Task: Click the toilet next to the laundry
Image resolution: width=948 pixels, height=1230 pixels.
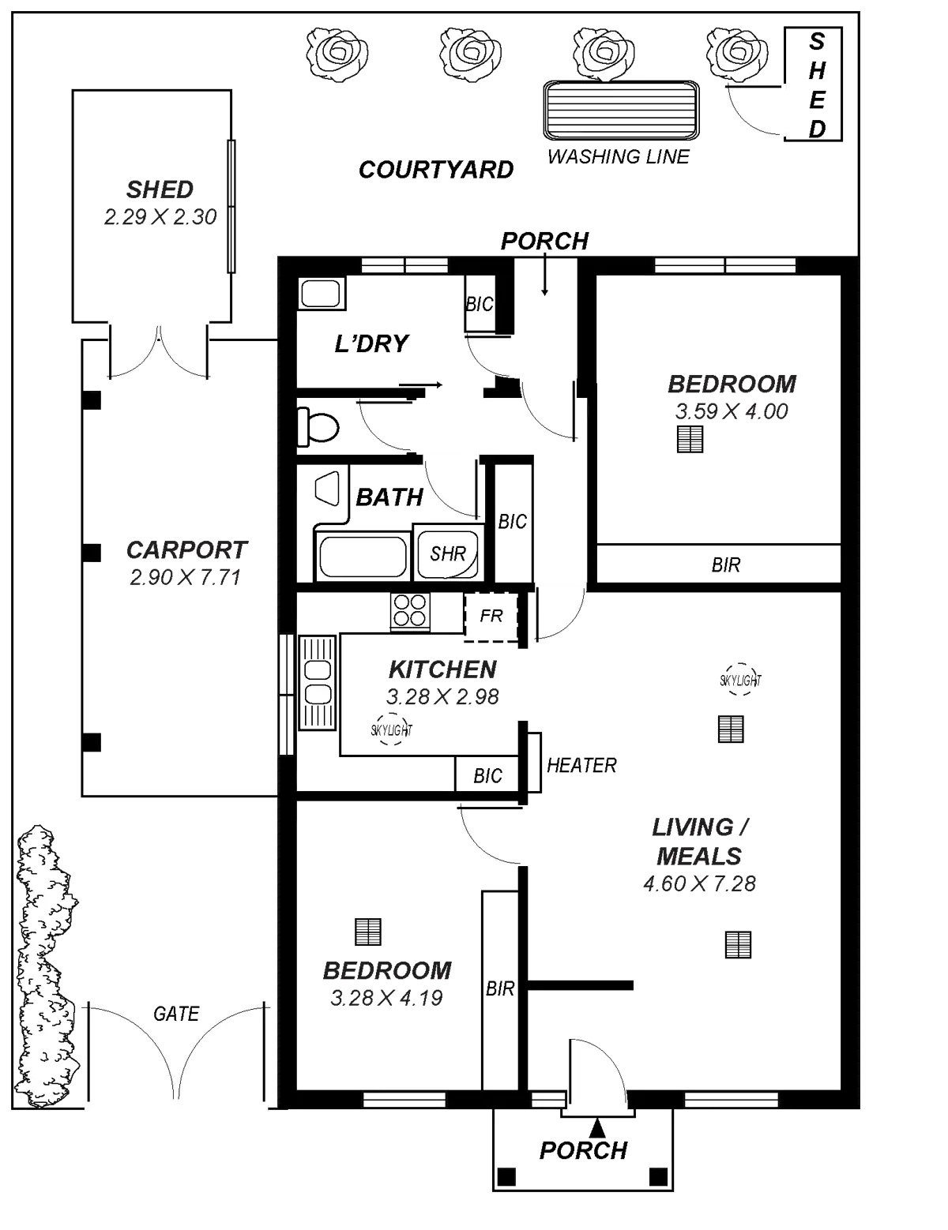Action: (x=318, y=428)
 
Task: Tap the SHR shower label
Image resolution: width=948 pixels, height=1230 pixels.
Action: (x=447, y=553)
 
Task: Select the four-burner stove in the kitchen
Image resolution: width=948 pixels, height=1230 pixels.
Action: (x=411, y=611)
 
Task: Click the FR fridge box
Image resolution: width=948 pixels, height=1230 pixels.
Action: (x=491, y=615)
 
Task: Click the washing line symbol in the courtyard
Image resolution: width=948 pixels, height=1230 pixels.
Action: (x=621, y=110)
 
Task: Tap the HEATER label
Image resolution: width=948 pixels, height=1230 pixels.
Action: (x=581, y=765)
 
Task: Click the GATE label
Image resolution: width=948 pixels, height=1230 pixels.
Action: (x=176, y=1014)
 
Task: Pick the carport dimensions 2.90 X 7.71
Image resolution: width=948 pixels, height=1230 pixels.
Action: (x=184, y=578)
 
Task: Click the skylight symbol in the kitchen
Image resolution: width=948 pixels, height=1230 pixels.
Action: (x=390, y=729)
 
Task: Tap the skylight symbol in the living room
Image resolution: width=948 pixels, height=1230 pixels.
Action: (x=741, y=680)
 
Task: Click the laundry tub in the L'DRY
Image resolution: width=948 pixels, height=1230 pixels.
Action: (x=321, y=294)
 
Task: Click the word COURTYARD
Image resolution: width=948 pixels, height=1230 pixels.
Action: (x=436, y=169)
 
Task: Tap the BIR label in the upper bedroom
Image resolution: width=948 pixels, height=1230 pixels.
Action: (x=725, y=565)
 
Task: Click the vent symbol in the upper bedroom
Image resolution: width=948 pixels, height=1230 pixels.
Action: (x=690, y=440)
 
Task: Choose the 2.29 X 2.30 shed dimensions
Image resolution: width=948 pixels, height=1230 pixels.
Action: (x=160, y=217)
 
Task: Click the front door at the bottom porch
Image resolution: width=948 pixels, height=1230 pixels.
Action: (x=596, y=1074)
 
